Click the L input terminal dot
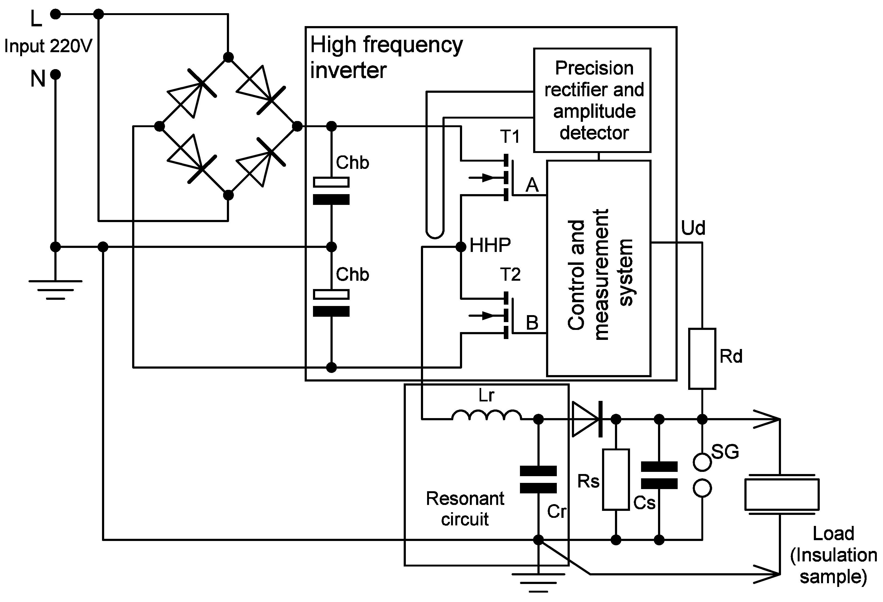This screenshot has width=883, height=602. tap(55, 15)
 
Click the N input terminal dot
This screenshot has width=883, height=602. tap(55, 74)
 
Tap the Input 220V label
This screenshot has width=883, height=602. tap(48, 46)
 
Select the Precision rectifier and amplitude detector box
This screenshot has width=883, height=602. tap(592, 100)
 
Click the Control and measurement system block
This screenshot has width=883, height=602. tap(599, 268)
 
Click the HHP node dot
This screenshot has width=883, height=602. tap(461, 247)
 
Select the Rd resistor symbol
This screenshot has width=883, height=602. tap(702, 359)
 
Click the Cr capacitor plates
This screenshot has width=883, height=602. tap(538, 479)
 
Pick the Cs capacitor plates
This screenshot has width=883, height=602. tap(659, 475)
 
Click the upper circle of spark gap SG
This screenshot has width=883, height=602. tap(702, 462)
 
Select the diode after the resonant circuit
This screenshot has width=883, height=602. tap(587, 419)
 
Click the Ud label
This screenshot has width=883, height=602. tap(693, 228)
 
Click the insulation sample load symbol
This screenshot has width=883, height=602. tap(782, 494)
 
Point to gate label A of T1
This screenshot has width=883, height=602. tap(532, 185)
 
